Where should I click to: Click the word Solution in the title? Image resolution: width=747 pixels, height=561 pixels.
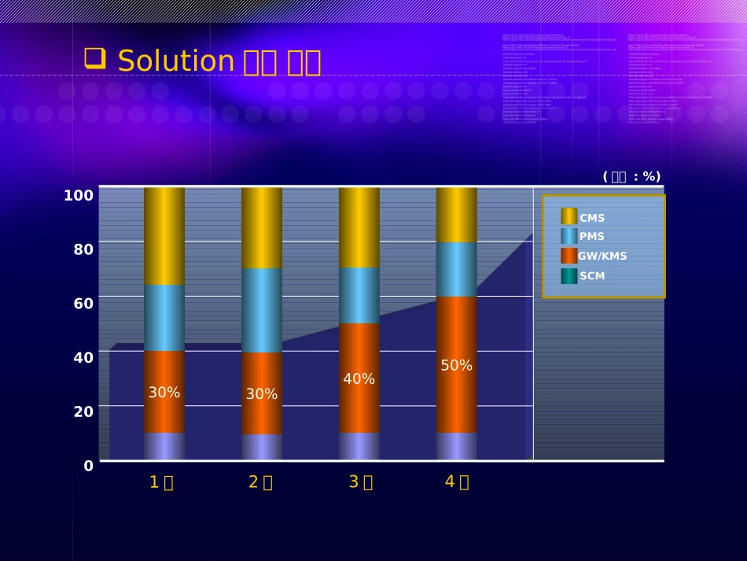176,61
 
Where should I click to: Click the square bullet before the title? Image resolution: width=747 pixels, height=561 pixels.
94,57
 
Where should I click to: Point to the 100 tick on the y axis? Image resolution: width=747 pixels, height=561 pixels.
79,195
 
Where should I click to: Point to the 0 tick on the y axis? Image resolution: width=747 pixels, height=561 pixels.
88,466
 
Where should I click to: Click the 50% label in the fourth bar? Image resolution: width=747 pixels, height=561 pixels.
456,366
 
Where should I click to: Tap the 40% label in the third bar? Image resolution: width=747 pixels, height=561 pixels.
359,379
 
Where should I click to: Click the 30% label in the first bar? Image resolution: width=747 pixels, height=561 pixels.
164,393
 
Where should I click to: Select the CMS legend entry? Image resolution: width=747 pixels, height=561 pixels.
591,218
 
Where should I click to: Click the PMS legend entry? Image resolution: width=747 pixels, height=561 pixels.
591,237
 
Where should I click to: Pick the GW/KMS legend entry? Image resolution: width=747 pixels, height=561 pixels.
602,257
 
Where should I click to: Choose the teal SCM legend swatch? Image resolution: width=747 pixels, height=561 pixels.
569,276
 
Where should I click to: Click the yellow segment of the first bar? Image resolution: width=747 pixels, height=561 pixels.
164,236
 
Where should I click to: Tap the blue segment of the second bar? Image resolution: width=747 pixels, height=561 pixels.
262,311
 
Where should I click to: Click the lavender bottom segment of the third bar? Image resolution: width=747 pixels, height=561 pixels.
359,446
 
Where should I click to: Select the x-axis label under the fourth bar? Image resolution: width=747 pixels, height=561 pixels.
457,482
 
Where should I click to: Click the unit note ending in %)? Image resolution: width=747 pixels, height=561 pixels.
631,177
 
